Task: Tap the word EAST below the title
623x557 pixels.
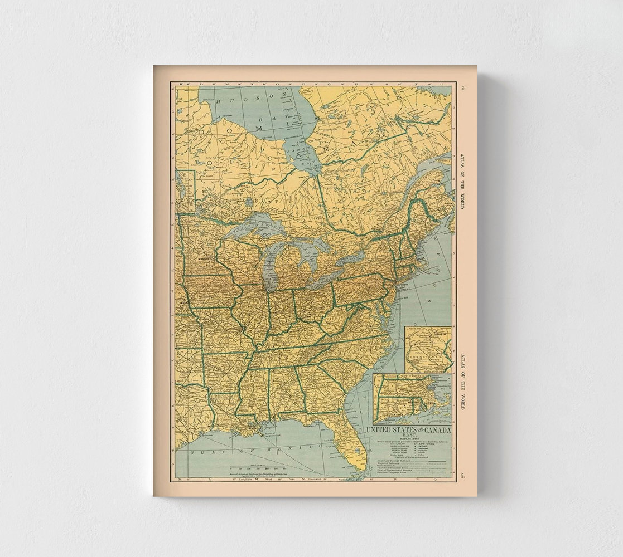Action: (409, 436)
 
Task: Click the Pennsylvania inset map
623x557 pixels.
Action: (428, 349)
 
